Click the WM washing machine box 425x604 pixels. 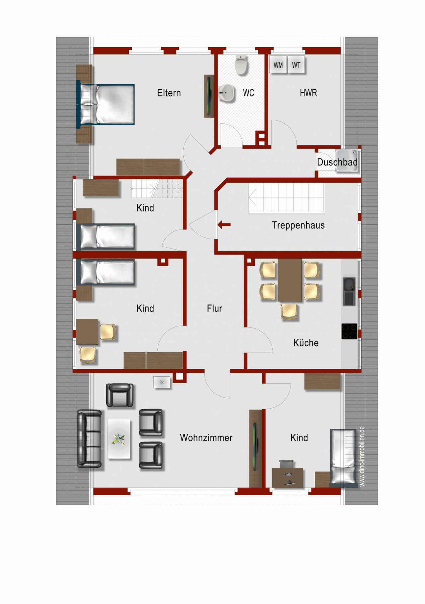pyautogui.click(x=278, y=65)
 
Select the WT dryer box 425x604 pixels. pyautogui.click(x=296, y=65)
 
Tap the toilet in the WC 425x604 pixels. pyautogui.click(x=241, y=65)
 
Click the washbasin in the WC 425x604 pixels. pyautogui.click(x=227, y=93)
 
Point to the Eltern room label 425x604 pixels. pyautogui.click(x=169, y=93)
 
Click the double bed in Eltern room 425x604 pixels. pyautogui.click(x=106, y=104)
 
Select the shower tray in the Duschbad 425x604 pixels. pyautogui.click(x=347, y=161)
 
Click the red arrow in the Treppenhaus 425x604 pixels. pyautogui.click(x=224, y=225)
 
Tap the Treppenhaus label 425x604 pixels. pyautogui.click(x=298, y=225)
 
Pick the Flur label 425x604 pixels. pyautogui.click(x=214, y=308)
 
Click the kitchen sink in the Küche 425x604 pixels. pyautogui.click(x=349, y=291)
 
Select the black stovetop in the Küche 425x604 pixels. pyautogui.click(x=349, y=331)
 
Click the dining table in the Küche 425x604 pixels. pyautogui.click(x=290, y=280)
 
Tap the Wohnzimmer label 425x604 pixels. pyautogui.click(x=206, y=437)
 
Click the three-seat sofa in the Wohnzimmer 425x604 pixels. pyautogui.click(x=90, y=439)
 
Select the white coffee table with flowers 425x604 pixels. pyautogui.click(x=119, y=439)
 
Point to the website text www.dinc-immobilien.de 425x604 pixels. pyautogui.click(x=362, y=456)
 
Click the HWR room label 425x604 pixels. pyautogui.click(x=308, y=93)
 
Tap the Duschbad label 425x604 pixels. pyautogui.click(x=337, y=162)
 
